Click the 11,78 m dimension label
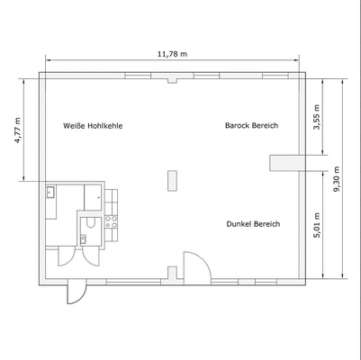point(172,54)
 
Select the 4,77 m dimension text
point(19,130)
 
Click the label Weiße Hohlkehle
point(93,126)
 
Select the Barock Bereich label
point(252,126)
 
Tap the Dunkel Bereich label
point(254,224)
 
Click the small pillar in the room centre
point(171,180)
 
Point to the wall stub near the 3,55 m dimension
point(286,162)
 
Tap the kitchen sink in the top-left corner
point(51,191)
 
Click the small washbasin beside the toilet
point(83,239)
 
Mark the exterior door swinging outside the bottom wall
point(74,292)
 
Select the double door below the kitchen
point(74,254)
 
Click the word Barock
point(238,126)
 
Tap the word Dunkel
point(239,224)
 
